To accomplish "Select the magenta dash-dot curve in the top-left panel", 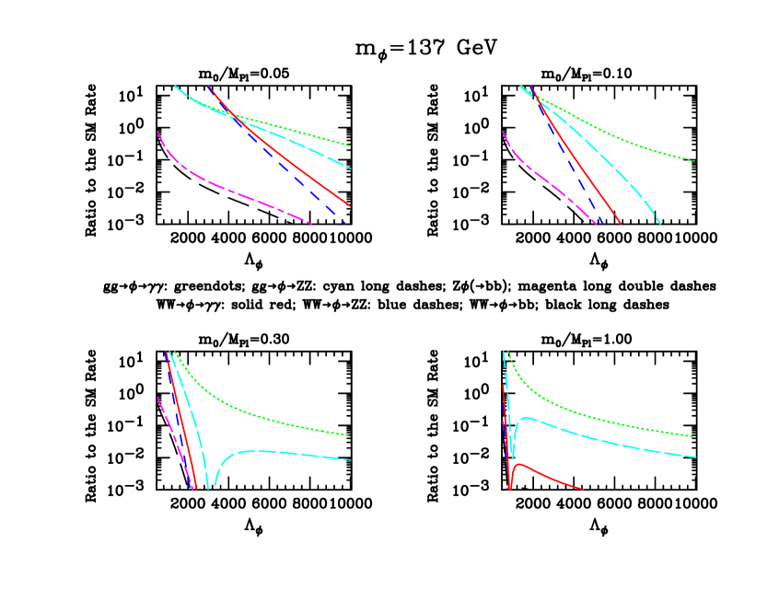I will (x=230, y=192).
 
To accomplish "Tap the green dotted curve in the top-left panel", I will (x=304, y=133).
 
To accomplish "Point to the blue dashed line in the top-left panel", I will (x=304, y=189).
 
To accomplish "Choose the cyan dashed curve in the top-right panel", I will (x=626, y=180).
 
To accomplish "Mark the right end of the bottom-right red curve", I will (x=583, y=489).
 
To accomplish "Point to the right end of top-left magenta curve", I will (x=311, y=223).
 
